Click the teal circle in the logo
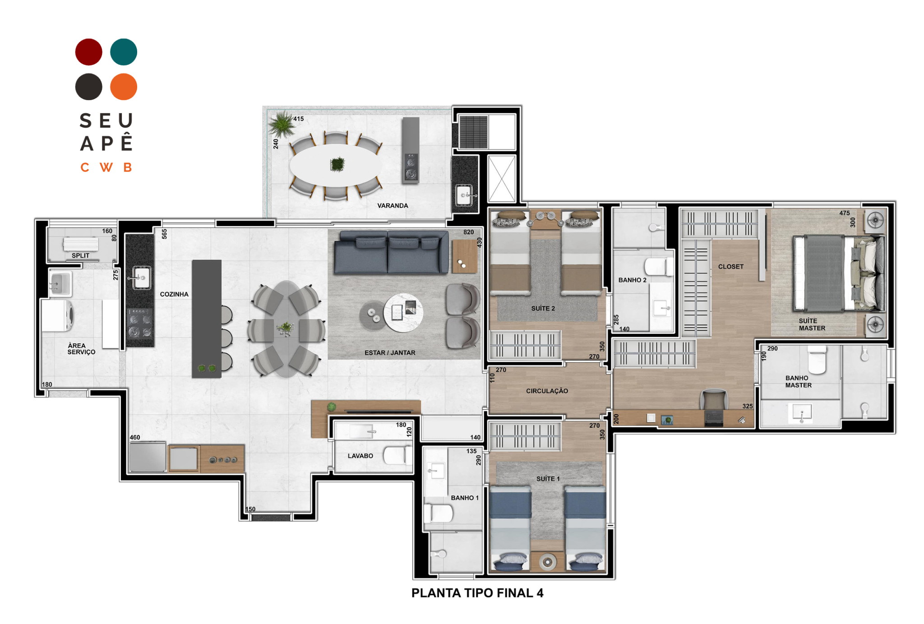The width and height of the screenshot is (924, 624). click(124, 52)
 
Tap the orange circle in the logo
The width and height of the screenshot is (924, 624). click(124, 87)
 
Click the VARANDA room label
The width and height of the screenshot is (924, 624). click(393, 206)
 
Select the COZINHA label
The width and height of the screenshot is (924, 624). click(174, 294)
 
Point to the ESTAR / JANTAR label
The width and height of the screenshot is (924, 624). click(390, 353)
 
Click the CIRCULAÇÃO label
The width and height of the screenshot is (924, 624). click(547, 391)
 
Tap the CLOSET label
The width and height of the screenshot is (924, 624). click(731, 267)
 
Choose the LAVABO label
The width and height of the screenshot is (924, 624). click(360, 456)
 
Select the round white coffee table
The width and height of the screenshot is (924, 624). click(403, 312)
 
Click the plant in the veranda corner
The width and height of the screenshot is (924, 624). click(282, 124)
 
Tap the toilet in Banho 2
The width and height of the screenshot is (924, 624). click(659, 267)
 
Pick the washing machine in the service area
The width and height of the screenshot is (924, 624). click(57, 315)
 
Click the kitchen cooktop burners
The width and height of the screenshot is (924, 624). click(140, 323)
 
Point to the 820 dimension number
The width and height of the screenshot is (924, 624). click(469, 232)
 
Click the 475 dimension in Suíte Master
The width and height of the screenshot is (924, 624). click(845, 213)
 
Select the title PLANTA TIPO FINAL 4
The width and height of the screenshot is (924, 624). click(477, 593)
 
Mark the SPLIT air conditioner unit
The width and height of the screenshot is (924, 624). click(81, 244)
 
